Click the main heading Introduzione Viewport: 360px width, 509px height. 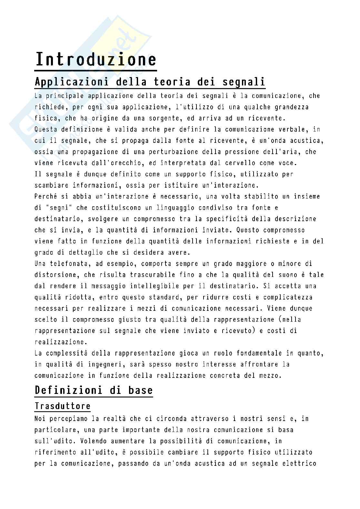(x=95, y=60)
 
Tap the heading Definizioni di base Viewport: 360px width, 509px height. (x=94, y=390)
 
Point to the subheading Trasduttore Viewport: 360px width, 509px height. (x=63, y=406)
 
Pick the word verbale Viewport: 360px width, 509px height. (x=292, y=130)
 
